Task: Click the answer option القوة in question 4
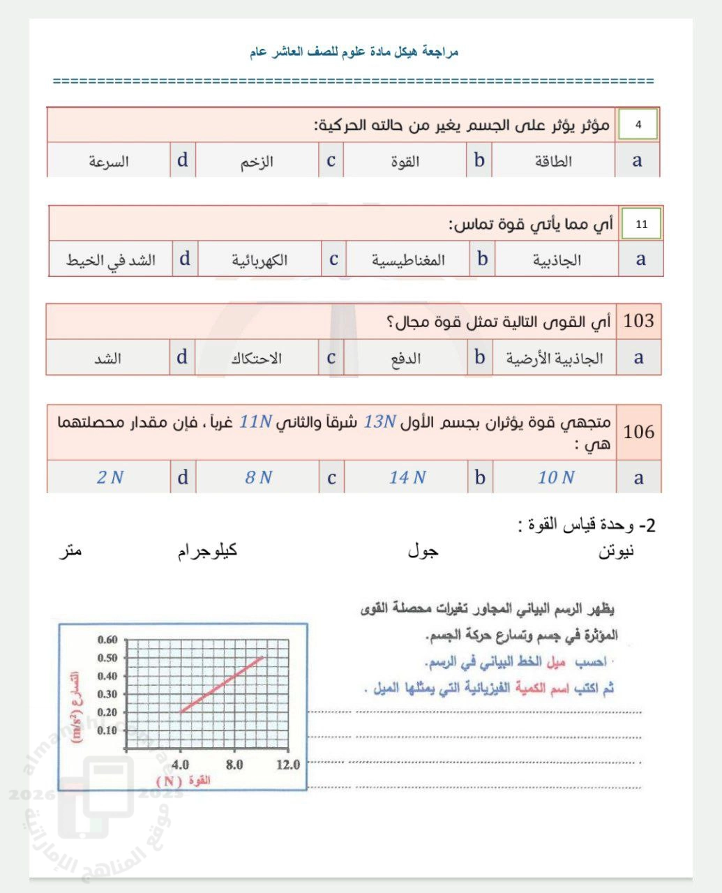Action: [x=405, y=162]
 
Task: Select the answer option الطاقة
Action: [x=553, y=162]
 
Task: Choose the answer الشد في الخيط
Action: [x=111, y=261]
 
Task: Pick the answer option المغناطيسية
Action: [x=408, y=261]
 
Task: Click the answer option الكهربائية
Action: [x=260, y=261]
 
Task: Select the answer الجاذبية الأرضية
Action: [x=555, y=359]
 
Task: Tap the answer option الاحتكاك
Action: [x=257, y=359]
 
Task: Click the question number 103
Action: [x=638, y=322]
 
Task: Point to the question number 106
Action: [x=638, y=432]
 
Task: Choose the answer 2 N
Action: [x=110, y=478]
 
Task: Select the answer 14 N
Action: [x=407, y=478]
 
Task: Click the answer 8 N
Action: [x=258, y=478]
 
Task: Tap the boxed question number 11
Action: [x=641, y=225]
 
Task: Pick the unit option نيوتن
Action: [x=616, y=552]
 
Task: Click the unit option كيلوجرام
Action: [x=207, y=551]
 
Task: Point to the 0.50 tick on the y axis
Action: [x=107, y=658]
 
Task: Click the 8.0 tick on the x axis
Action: [x=234, y=765]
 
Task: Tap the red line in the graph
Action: [x=222, y=684]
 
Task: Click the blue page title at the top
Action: [x=354, y=52]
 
